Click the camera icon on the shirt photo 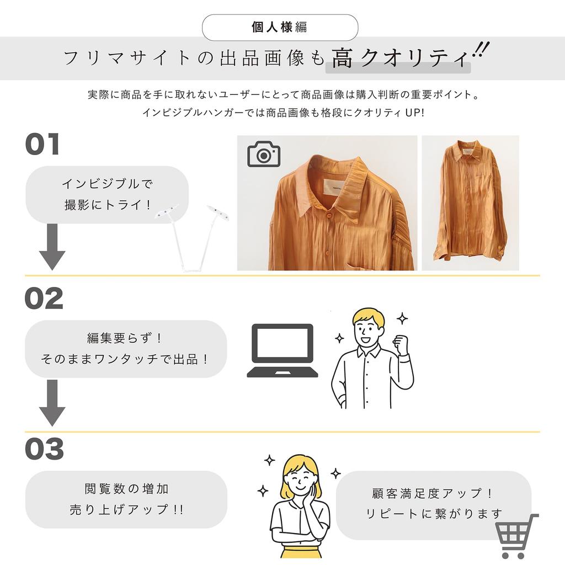click(x=264, y=154)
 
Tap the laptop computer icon click(x=282, y=350)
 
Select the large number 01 click(x=42, y=145)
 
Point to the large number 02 click(x=44, y=299)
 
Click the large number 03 click(x=45, y=449)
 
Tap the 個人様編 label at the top click(x=280, y=27)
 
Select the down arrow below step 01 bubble click(x=52, y=247)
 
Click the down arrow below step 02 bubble click(x=52, y=402)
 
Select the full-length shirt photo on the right click(x=470, y=202)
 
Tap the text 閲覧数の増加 click(x=126, y=489)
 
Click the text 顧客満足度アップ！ click(x=433, y=493)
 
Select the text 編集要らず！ click(x=125, y=338)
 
